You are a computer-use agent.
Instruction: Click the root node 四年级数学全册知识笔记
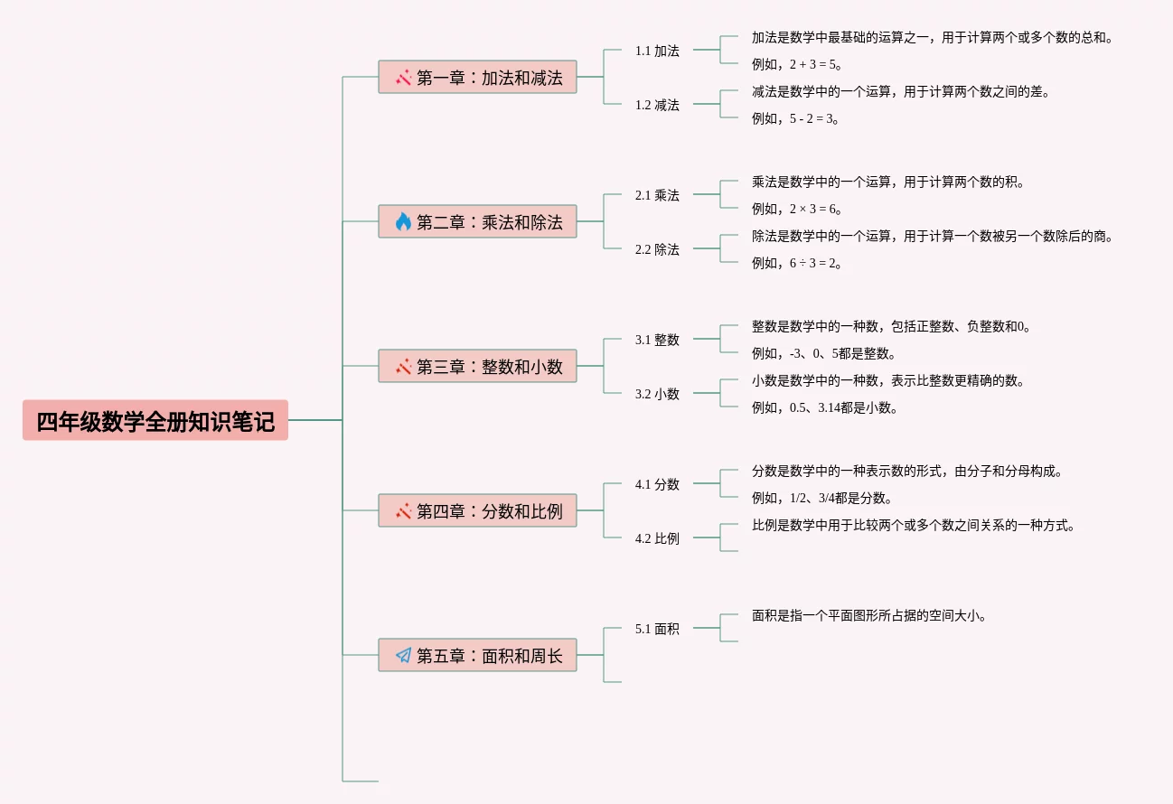click(x=155, y=420)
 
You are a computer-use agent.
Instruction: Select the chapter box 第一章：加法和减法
click(x=477, y=77)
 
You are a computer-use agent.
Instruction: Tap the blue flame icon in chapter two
click(x=403, y=221)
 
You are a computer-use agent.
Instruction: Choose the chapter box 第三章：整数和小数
click(x=477, y=366)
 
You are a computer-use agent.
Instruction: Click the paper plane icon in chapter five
click(x=403, y=655)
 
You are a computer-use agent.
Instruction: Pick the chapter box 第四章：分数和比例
click(x=477, y=510)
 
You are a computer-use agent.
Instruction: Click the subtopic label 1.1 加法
click(x=657, y=51)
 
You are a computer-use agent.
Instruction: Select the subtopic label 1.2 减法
click(x=657, y=105)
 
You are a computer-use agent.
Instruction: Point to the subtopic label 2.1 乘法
click(x=657, y=195)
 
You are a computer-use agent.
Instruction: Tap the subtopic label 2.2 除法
click(x=657, y=249)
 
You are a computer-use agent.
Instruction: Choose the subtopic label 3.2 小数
click(x=657, y=394)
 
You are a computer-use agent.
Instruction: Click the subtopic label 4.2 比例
click(x=657, y=538)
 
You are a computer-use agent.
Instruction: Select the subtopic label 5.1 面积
click(x=657, y=629)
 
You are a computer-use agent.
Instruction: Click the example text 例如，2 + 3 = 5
click(x=796, y=64)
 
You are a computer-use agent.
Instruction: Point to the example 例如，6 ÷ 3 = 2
click(x=796, y=263)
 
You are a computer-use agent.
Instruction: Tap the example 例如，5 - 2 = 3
click(x=795, y=118)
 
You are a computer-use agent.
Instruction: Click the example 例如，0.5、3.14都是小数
click(x=824, y=407)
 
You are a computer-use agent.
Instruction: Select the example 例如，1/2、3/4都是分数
click(x=821, y=497)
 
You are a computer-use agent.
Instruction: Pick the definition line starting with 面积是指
click(x=868, y=615)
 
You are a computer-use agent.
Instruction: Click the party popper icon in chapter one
click(x=403, y=78)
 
